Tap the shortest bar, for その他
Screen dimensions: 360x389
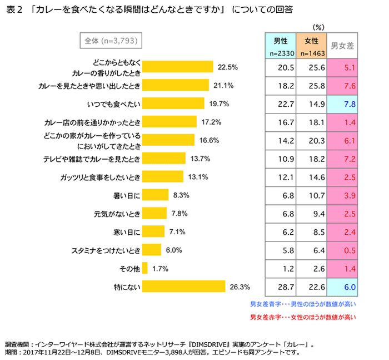[x=144, y=269]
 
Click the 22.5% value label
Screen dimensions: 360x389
[x=228, y=67]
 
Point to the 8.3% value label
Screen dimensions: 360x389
[x=182, y=195]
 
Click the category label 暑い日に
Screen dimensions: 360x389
[x=126, y=195]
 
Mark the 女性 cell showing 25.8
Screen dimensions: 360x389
[x=311, y=86]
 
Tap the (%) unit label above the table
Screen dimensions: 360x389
[x=318, y=26]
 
